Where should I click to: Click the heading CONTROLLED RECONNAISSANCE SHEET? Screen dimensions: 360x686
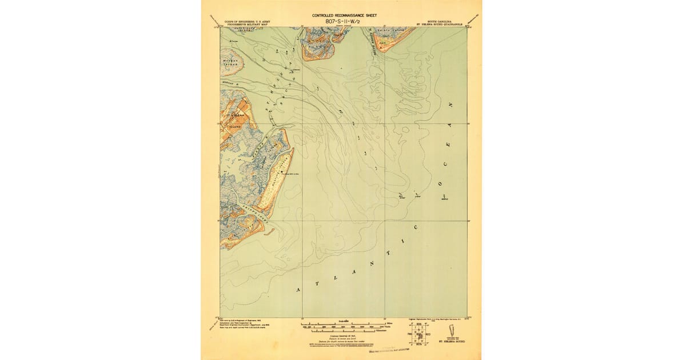click(x=344, y=15)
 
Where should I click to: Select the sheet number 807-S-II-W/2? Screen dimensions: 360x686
click(x=344, y=21)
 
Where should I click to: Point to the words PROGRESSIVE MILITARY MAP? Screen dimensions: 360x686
click(x=248, y=25)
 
